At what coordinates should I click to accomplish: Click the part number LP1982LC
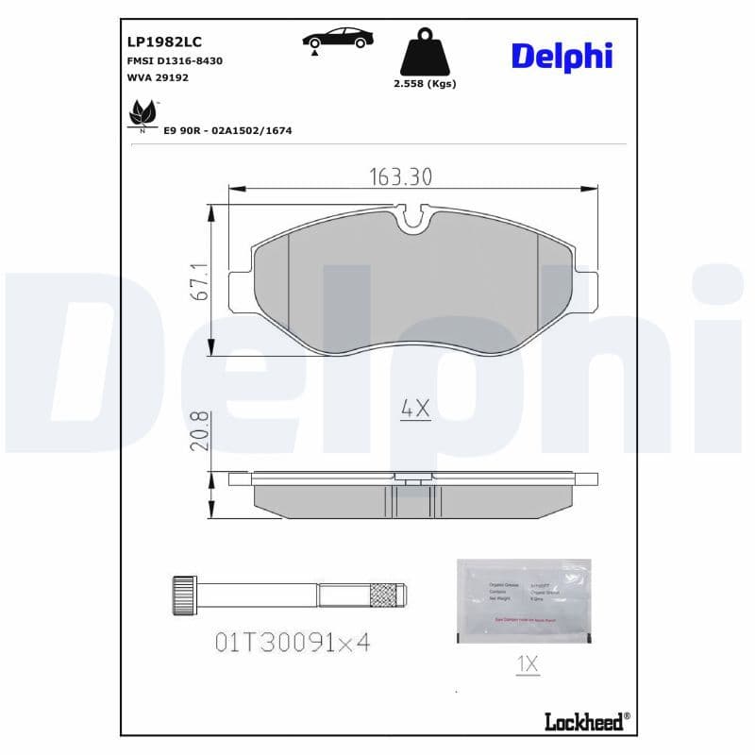point(164,42)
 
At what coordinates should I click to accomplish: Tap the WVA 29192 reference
point(158,77)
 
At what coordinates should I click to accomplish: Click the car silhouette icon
point(337,40)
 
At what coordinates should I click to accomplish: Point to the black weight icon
point(425,53)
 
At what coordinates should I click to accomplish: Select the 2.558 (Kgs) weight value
point(425,84)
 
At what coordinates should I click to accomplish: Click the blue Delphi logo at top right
point(562,55)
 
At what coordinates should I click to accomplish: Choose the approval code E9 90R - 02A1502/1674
point(227,130)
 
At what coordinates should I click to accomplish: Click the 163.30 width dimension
point(399,176)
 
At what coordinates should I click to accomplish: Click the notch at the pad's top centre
point(411,221)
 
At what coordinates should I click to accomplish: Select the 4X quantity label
point(415,410)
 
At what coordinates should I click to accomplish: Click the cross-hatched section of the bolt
point(381,596)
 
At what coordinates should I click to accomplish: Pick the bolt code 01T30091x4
point(293,643)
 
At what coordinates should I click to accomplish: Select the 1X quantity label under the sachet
point(527,664)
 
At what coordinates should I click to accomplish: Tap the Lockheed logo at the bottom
point(585,722)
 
